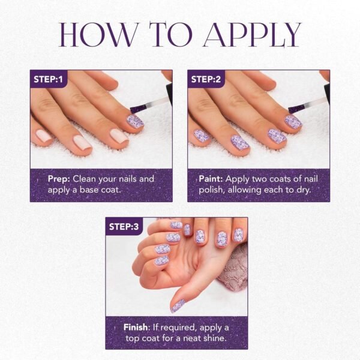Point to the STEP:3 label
coord(124,226)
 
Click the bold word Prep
coord(59,179)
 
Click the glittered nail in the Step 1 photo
coord(135,121)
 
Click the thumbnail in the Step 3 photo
coord(178,306)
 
